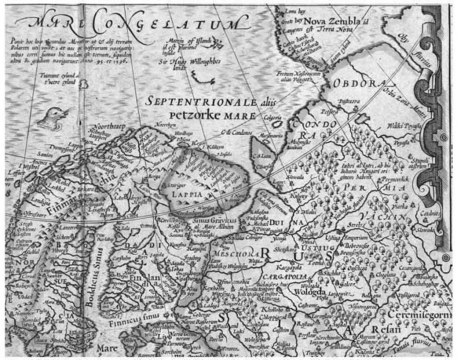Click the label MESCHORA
pyautogui.click(x=231, y=254)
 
